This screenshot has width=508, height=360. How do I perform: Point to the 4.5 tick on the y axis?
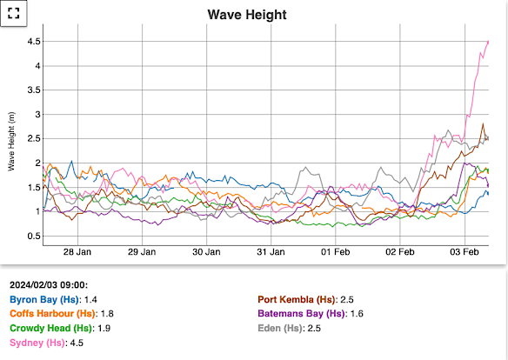pos(34,42)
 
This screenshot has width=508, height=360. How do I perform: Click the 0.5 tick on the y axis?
pos(34,236)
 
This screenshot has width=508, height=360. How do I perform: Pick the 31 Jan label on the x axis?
pos(271,252)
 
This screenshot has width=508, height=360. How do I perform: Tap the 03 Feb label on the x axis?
pos(464,252)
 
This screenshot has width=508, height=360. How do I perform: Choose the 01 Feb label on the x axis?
pos(335,252)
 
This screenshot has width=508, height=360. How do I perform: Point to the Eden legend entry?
pos(293,328)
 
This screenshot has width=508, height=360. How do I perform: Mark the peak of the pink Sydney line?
pos(487,42)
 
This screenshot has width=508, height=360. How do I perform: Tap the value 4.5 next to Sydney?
pos(77,343)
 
